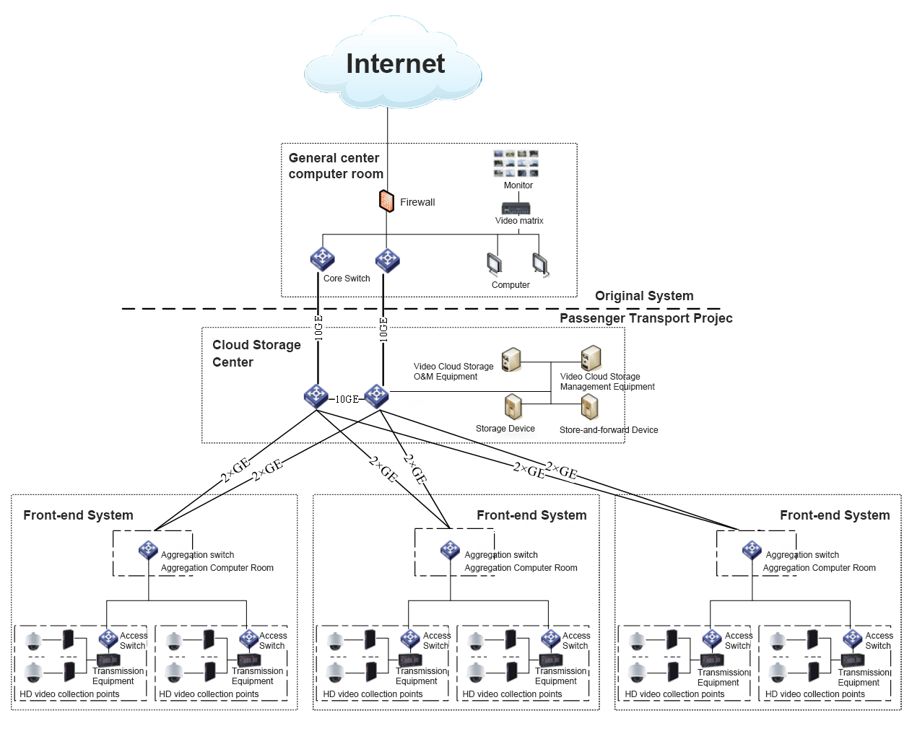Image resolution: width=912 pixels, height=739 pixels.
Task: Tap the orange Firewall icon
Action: point(386,201)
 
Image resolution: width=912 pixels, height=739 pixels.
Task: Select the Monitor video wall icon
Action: point(516,164)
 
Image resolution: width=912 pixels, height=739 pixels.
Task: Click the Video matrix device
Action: point(516,209)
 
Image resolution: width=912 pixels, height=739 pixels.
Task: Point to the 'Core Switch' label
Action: point(347,279)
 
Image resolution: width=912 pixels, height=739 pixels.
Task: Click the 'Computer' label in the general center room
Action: point(511,285)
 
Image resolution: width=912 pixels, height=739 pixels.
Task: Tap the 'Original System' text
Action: point(644,296)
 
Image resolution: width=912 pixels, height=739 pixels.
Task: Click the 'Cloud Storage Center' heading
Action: point(256,354)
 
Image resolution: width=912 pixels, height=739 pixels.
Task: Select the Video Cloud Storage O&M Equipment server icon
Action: point(511,359)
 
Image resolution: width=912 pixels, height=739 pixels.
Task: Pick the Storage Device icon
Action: point(513,407)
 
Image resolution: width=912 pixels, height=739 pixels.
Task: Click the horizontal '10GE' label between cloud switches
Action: point(347,399)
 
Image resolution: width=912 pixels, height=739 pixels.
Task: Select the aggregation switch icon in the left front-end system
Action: point(148,551)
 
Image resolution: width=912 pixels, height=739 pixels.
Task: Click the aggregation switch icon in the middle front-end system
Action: point(450,551)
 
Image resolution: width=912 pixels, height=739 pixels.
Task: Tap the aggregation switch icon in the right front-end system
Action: point(752,551)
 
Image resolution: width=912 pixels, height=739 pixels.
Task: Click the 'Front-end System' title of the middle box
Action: point(531,515)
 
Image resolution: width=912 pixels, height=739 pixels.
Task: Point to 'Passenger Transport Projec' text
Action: point(646,318)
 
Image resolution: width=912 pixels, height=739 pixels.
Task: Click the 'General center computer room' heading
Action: point(336,166)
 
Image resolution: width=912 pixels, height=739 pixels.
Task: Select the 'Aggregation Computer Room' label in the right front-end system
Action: point(819,568)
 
